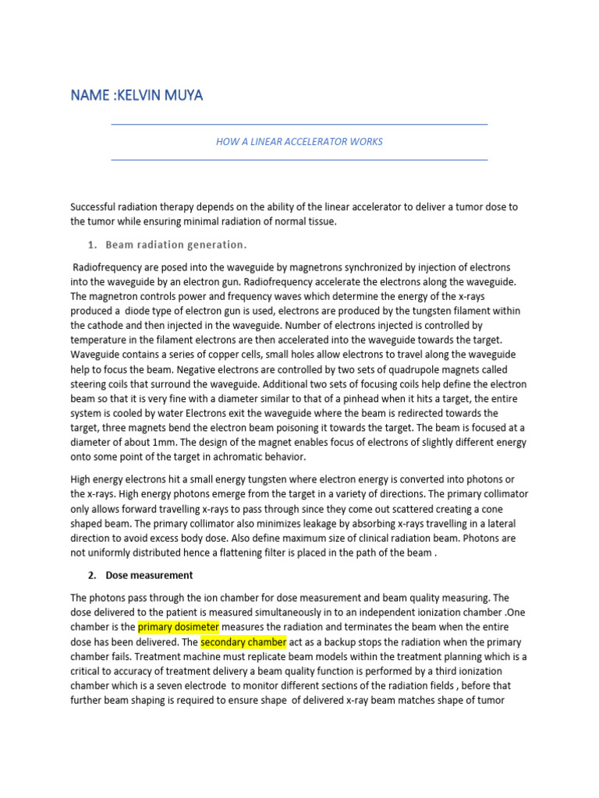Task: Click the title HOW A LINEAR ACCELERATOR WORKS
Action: pos(299,142)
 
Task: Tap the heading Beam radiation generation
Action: pos(175,245)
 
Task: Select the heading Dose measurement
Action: pos(149,575)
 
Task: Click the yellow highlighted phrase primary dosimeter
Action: pos(179,627)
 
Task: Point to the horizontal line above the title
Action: pos(299,124)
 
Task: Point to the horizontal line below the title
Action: pos(299,160)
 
